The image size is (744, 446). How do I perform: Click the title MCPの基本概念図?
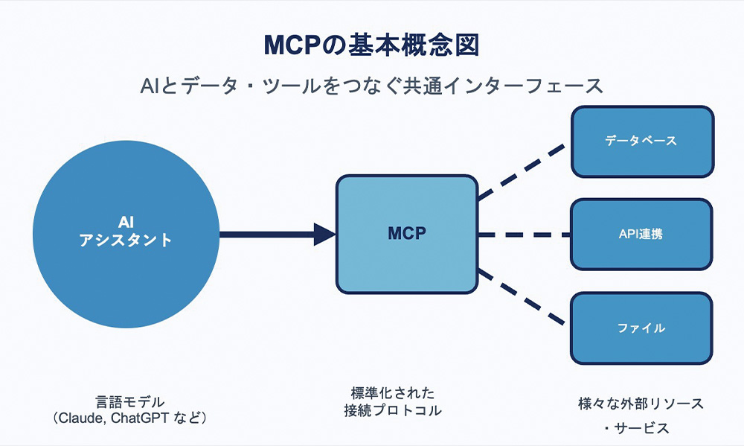click(x=371, y=45)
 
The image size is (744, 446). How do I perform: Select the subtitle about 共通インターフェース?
click(x=371, y=86)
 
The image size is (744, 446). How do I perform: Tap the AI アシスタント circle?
click(x=126, y=234)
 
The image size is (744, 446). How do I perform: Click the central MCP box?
click(x=407, y=234)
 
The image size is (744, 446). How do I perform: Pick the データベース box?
click(x=643, y=141)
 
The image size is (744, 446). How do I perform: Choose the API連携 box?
click(x=641, y=235)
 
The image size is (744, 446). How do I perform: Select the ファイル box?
click(x=641, y=328)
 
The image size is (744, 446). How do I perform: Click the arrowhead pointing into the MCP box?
click(x=325, y=234)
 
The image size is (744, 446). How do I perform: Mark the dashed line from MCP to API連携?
click(x=525, y=235)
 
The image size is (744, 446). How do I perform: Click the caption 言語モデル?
click(x=130, y=402)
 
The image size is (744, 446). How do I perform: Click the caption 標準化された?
click(x=393, y=393)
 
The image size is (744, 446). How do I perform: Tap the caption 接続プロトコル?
click(x=393, y=410)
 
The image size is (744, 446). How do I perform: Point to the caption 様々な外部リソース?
click(x=641, y=404)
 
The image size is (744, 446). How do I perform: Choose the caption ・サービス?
click(x=636, y=428)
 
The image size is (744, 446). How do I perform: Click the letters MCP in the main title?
click(x=292, y=45)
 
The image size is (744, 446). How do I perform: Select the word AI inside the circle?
click(x=126, y=223)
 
